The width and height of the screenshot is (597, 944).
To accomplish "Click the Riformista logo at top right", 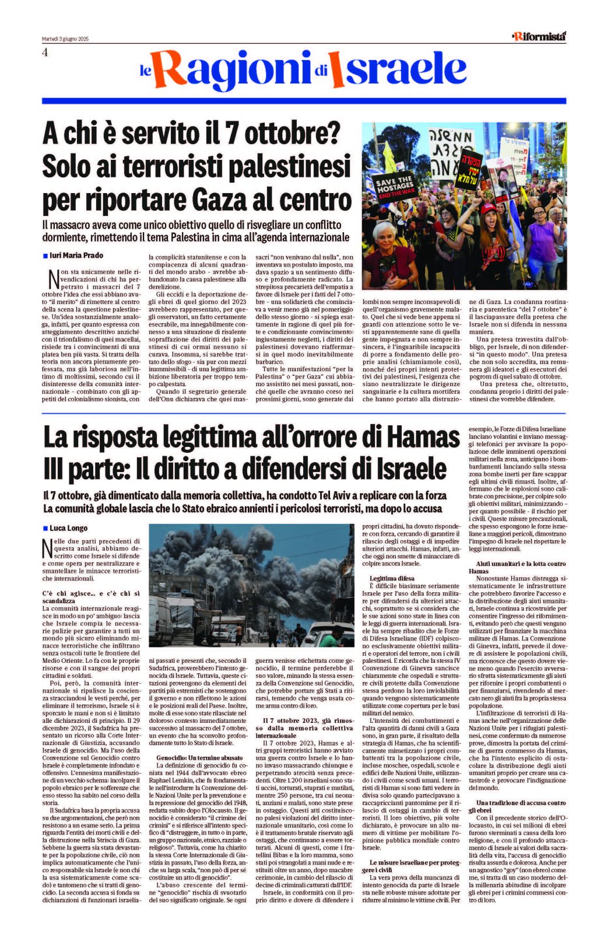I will click(x=539, y=36).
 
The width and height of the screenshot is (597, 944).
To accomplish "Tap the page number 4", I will click(x=44, y=52).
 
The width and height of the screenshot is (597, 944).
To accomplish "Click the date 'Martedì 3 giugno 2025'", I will click(x=65, y=39).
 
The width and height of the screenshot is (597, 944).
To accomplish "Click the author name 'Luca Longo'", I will click(x=68, y=528).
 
